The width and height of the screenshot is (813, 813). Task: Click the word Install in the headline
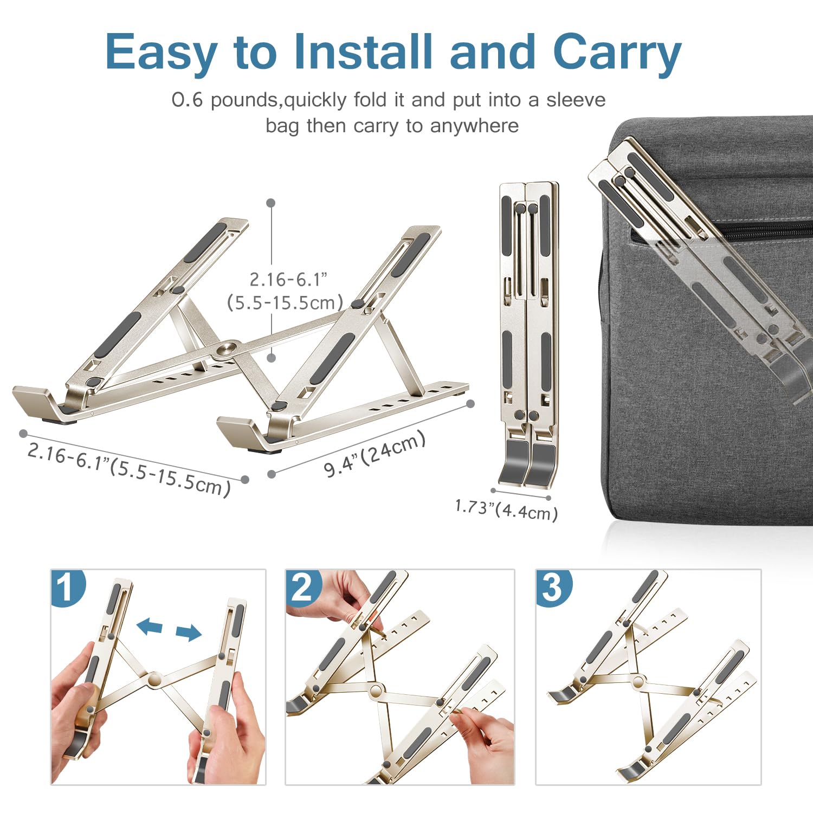point(363,51)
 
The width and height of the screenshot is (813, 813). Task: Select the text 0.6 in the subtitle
point(187,100)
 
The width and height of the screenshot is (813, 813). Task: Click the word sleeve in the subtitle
point(576,100)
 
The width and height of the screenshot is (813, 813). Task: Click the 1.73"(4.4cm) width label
point(506,510)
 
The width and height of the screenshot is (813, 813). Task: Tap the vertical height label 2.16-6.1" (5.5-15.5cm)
point(286,291)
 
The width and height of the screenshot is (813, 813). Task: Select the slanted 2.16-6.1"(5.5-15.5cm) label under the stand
point(129,469)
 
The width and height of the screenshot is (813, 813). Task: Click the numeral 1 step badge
point(67,587)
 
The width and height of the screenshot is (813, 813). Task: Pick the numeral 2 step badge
point(302,587)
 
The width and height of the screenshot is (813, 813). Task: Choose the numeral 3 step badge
point(552,587)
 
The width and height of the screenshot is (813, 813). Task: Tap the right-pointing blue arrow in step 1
point(189,633)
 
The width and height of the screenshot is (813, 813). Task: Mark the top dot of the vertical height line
point(271,203)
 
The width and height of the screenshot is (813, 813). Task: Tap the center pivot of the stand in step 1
point(154,679)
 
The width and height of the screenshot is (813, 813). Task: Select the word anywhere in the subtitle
point(474,126)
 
